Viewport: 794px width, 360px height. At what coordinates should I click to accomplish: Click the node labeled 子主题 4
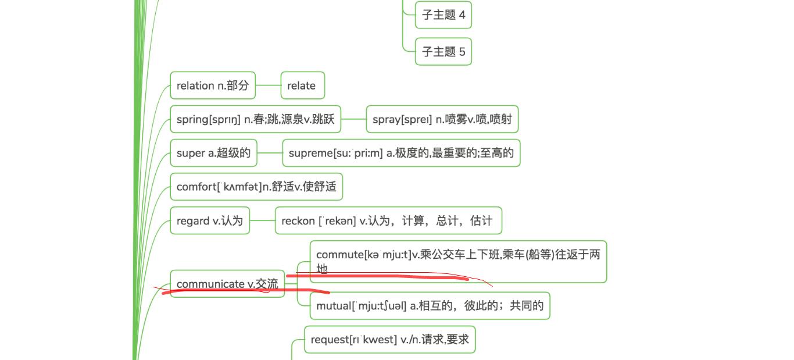pos(443,15)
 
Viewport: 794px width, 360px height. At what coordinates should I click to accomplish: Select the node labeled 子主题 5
pos(443,52)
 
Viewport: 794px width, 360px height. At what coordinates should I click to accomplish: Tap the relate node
pos(302,85)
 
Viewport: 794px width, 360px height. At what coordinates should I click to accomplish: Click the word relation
pos(195,85)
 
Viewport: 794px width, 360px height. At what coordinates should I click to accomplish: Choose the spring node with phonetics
pos(255,120)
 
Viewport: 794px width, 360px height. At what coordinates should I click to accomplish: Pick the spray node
pos(442,120)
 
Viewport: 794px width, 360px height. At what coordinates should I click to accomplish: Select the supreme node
pos(401,153)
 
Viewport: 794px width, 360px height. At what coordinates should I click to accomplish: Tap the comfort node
pos(256,187)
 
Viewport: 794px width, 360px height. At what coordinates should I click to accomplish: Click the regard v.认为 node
pos(210,220)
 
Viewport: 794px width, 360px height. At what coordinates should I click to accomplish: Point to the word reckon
pos(298,221)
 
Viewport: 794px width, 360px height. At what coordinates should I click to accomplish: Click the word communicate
pos(210,284)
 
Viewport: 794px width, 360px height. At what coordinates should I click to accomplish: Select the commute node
pos(458,261)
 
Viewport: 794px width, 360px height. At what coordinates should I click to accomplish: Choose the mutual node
pos(430,306)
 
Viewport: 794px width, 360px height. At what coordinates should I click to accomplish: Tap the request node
pos(389,340)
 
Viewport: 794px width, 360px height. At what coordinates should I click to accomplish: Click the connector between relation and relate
pos(268,85)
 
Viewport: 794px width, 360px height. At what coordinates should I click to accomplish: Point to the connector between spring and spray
pos(353,120)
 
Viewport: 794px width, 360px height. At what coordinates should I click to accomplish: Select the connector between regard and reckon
pos(262,220)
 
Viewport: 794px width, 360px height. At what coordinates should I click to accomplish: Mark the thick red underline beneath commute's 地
pos(378,277)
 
